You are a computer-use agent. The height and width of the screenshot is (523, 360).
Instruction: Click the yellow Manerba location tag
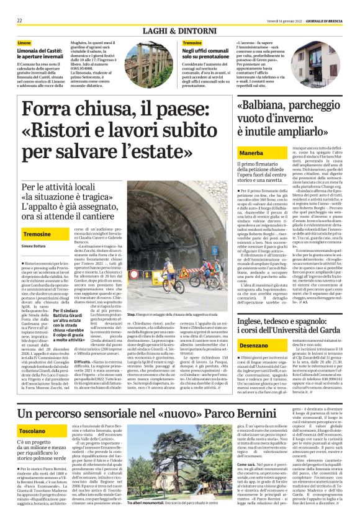tap(238, 150)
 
